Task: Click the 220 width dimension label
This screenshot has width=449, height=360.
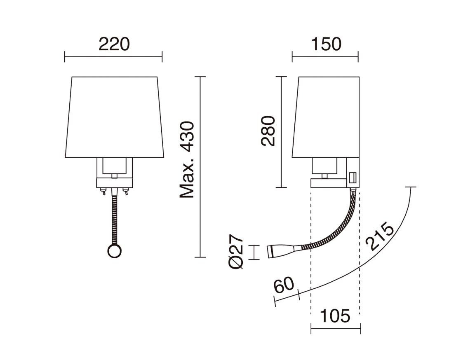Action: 114,44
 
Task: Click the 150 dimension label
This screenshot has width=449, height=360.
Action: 326,44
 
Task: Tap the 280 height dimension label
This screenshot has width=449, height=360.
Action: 268,131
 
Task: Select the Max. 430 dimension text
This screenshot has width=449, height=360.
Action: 187,160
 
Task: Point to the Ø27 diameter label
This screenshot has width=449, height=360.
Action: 236,252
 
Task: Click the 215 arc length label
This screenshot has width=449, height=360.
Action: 380,236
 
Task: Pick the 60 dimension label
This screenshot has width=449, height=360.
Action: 284,285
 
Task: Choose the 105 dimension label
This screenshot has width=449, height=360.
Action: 335,316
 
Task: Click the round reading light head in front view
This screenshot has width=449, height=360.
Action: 115,251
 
